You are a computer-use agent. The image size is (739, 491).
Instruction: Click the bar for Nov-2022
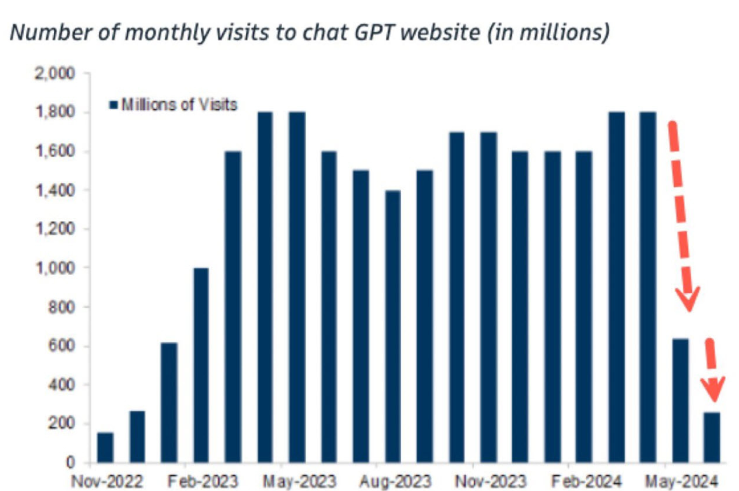coord(105,448)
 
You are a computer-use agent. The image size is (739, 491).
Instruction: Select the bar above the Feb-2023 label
coord(201,365)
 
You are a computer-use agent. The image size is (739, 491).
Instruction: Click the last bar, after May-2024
coord(712,437)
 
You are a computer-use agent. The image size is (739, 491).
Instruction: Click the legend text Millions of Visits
coord(179,105)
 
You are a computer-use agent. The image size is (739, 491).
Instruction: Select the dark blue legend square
coord(113,105)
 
